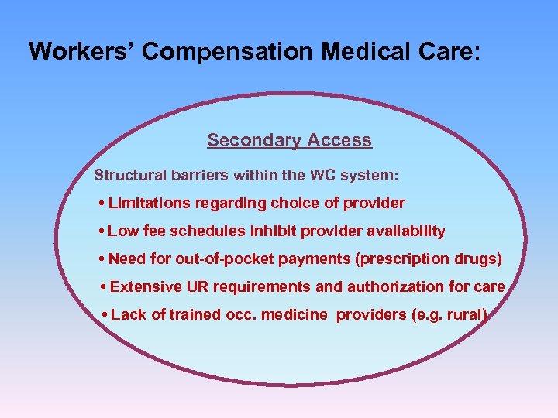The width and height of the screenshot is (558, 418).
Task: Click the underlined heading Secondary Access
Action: pos(289,140)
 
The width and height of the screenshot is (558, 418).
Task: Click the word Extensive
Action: pos(146,286)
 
